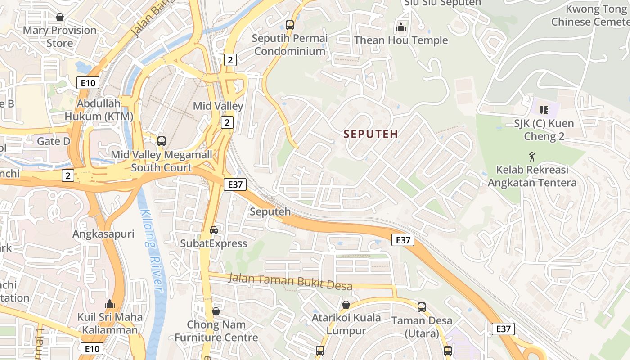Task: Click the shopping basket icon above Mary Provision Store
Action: coord(60,17)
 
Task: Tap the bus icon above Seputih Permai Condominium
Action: coord(290,25)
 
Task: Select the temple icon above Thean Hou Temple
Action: coord(400,27)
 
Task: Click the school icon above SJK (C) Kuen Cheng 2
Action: coord(544,110)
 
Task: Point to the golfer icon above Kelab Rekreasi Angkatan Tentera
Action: coord(532,157)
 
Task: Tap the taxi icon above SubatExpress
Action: coord(214,230)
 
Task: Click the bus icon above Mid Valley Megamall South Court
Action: coord(162,141)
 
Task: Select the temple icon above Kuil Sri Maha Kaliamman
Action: coord(110,304)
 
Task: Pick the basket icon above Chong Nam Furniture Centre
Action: coord(216,311)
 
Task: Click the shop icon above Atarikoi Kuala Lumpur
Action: coord(346,305)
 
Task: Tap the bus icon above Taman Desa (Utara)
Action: coord(422,307)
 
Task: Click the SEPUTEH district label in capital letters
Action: coord(371,134)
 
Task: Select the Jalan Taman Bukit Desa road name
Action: coord(296,281)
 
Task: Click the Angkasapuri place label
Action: coord(103,234)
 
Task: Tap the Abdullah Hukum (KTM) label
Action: coord(99,110)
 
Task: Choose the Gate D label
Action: coord(54,141)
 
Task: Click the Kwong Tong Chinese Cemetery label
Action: coord(589,15)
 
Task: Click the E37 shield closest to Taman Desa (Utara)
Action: coord(503,329)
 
